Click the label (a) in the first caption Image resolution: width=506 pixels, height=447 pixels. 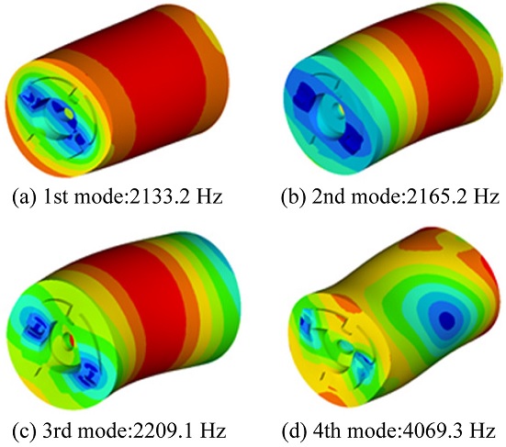coord(23,197)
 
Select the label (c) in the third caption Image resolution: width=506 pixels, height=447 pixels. coord(24,430)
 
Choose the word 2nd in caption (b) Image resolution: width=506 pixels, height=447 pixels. coord(327,196)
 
